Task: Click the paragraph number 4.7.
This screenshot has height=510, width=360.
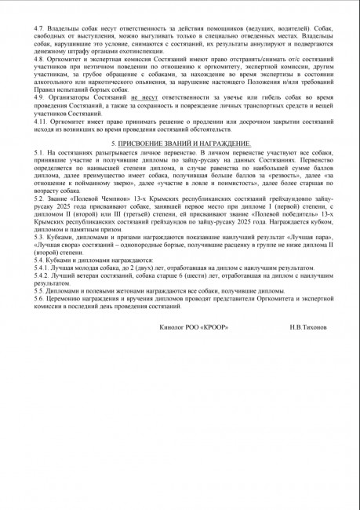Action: point(40,27)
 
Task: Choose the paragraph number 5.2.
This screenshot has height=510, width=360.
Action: point(40,200)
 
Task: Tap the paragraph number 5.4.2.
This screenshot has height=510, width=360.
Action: point(43,276)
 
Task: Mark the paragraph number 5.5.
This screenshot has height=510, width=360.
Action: point(40,290)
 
